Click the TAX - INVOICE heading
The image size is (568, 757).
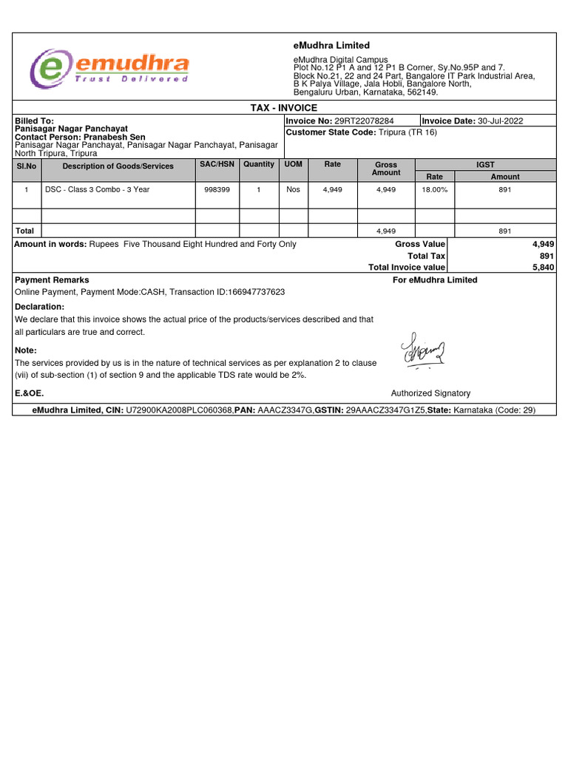coord(285,108)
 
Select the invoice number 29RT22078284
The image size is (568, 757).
coord(365,121)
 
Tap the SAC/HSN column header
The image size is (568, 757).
coord(217,164)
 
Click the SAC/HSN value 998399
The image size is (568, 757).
coord(217,190)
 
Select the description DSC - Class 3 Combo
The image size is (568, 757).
coord(97,190)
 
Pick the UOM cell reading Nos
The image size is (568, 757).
coord(294,190)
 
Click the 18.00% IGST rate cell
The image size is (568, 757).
coord(435,190)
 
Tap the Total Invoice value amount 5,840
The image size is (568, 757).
coord(543,268)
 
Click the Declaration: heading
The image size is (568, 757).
coord(40,307)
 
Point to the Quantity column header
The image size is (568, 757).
coord(258,164)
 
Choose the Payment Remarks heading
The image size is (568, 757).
coord(52,280)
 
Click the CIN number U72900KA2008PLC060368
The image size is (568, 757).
coord(180,410)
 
